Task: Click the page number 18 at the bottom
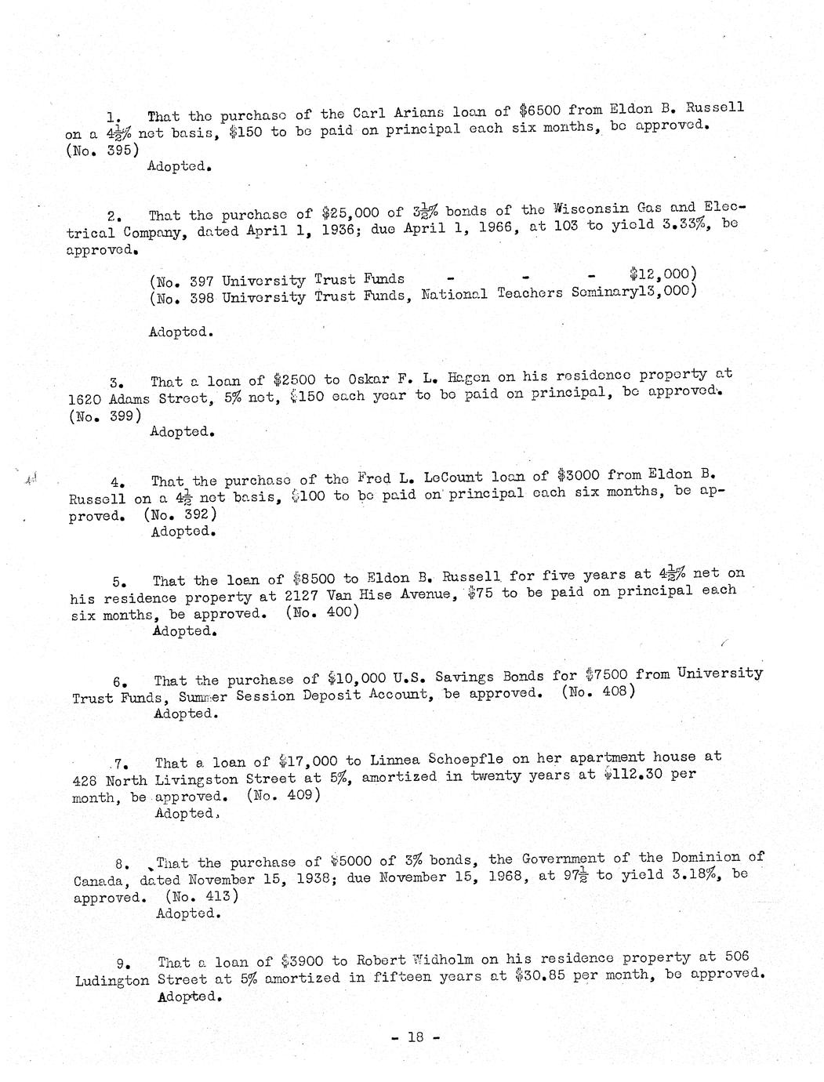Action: pos(415,1037)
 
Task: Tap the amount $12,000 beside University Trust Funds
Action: pos(659,274)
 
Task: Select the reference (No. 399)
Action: pos(105,416)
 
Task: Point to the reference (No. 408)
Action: pos(598,692)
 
